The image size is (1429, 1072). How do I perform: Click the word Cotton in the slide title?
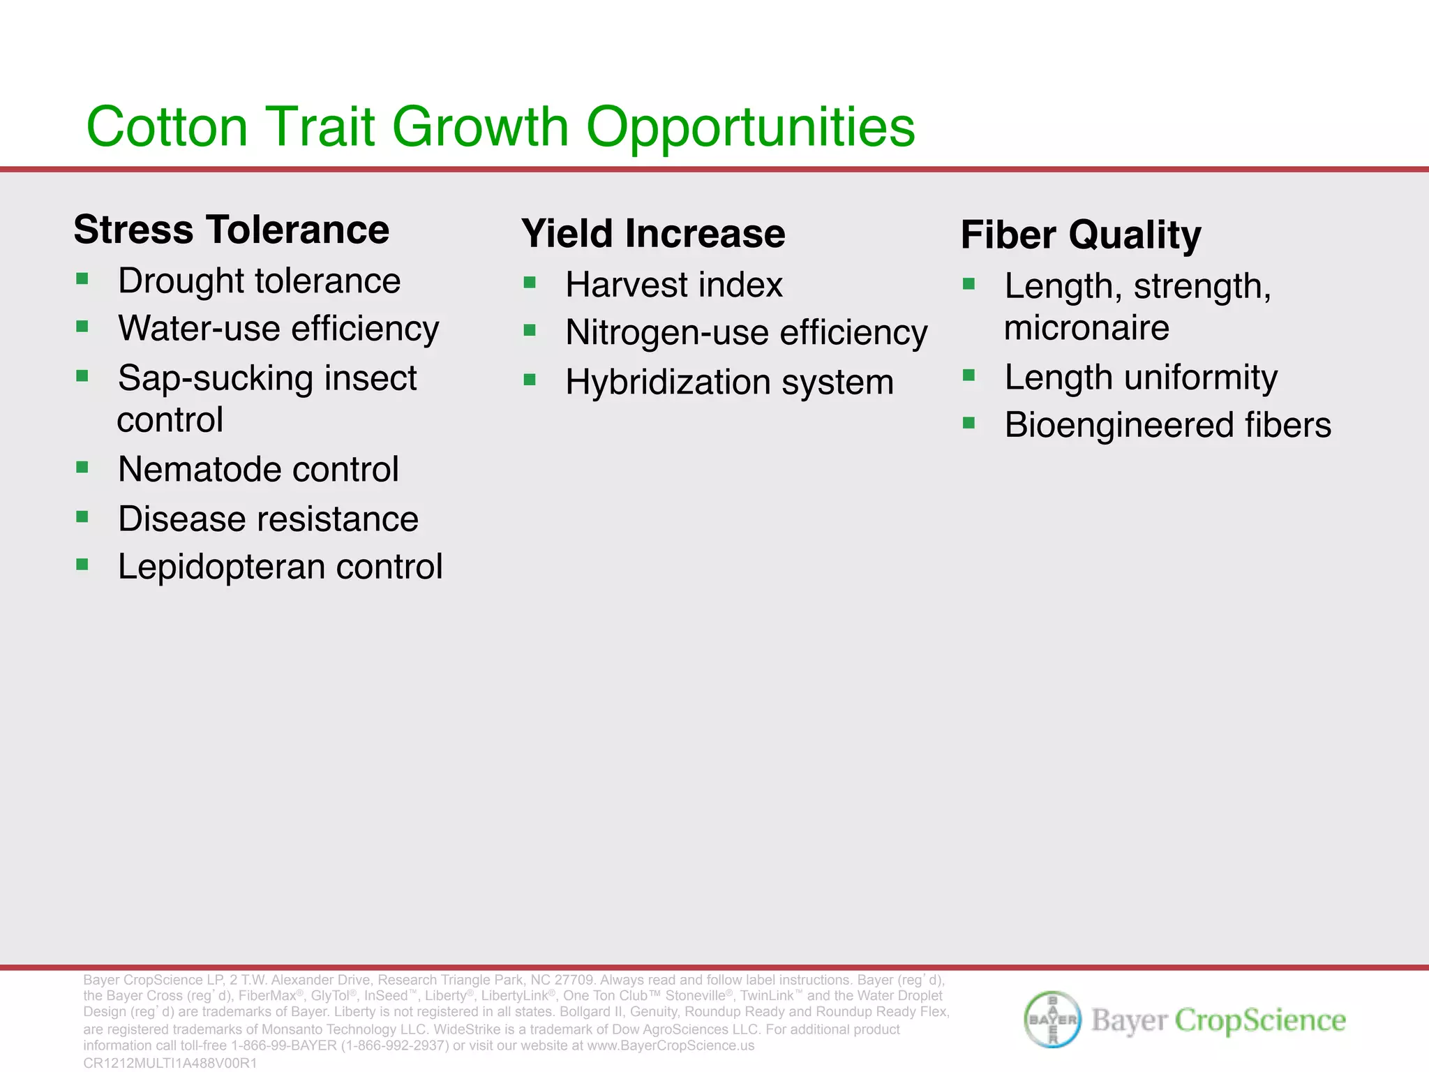click(x=167, y=127)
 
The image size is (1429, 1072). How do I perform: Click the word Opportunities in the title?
click(x=750, y=127)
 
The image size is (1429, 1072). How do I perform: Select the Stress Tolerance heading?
click(x=231, y=230)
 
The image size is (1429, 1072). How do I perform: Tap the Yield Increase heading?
click(x=653, y=233)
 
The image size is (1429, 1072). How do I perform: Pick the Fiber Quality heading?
click(x=1081, y=234)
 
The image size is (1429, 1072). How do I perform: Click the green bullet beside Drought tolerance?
click(x=82, y=280)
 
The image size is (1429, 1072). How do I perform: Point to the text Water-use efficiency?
click(x=278, y=328)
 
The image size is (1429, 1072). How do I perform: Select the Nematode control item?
click(x=258, y=469)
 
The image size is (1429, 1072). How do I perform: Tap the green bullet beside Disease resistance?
click(x=82, y=517)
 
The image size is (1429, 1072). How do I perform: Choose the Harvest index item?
click(x=674, y=285)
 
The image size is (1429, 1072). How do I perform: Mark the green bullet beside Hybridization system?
click(x=530, y=380)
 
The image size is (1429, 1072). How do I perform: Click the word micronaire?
click(x=1086, y=328)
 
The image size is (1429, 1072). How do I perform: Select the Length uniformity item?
click(x=1141, y=378)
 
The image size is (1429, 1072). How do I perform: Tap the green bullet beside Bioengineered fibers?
click(x=968, y=423)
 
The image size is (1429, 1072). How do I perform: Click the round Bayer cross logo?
click(x=1053, y=1020)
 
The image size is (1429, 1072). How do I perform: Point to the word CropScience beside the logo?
click(x=1260, y=1020)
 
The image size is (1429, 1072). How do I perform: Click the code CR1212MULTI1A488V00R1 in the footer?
click(x=170, y=1063)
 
